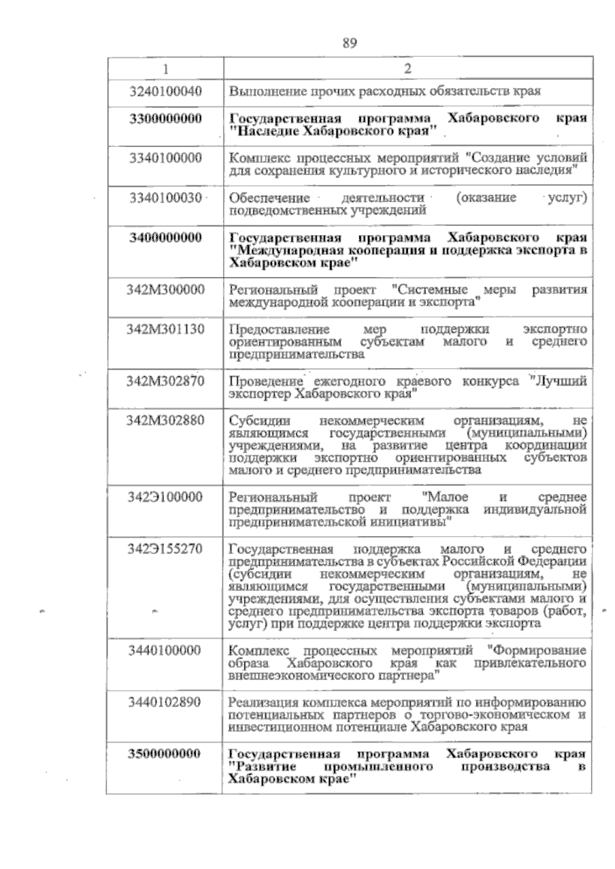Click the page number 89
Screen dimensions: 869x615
click(x=350, y=43)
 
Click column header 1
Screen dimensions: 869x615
click(x=165, y=69)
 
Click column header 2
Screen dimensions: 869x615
click(x=407, y=69)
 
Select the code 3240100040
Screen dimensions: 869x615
click(x=166, y=92)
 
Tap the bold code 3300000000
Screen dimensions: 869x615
click(x=166, y=118)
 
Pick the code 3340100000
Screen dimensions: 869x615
click(x=166, y=158)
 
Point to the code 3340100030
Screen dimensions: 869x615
click(x=166, y=198)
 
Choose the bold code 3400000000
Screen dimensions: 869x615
click(x=166, y=238)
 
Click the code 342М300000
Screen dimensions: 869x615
click(x=166, y=290)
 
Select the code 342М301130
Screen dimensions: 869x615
click(x=166, y=329)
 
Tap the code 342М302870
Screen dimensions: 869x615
click(x=166, y=381)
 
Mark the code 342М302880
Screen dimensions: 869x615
click(x=166, y=420)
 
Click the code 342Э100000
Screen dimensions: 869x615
click(x=166, y=497)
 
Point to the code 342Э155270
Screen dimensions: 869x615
click(x=166, y=549)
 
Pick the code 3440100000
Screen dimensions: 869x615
click(x=166, y=651)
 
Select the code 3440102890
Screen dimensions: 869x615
click(x=166, y=702)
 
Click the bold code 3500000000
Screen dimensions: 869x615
click(x=166, y=754)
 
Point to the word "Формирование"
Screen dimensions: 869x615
click(x=538, y=651)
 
